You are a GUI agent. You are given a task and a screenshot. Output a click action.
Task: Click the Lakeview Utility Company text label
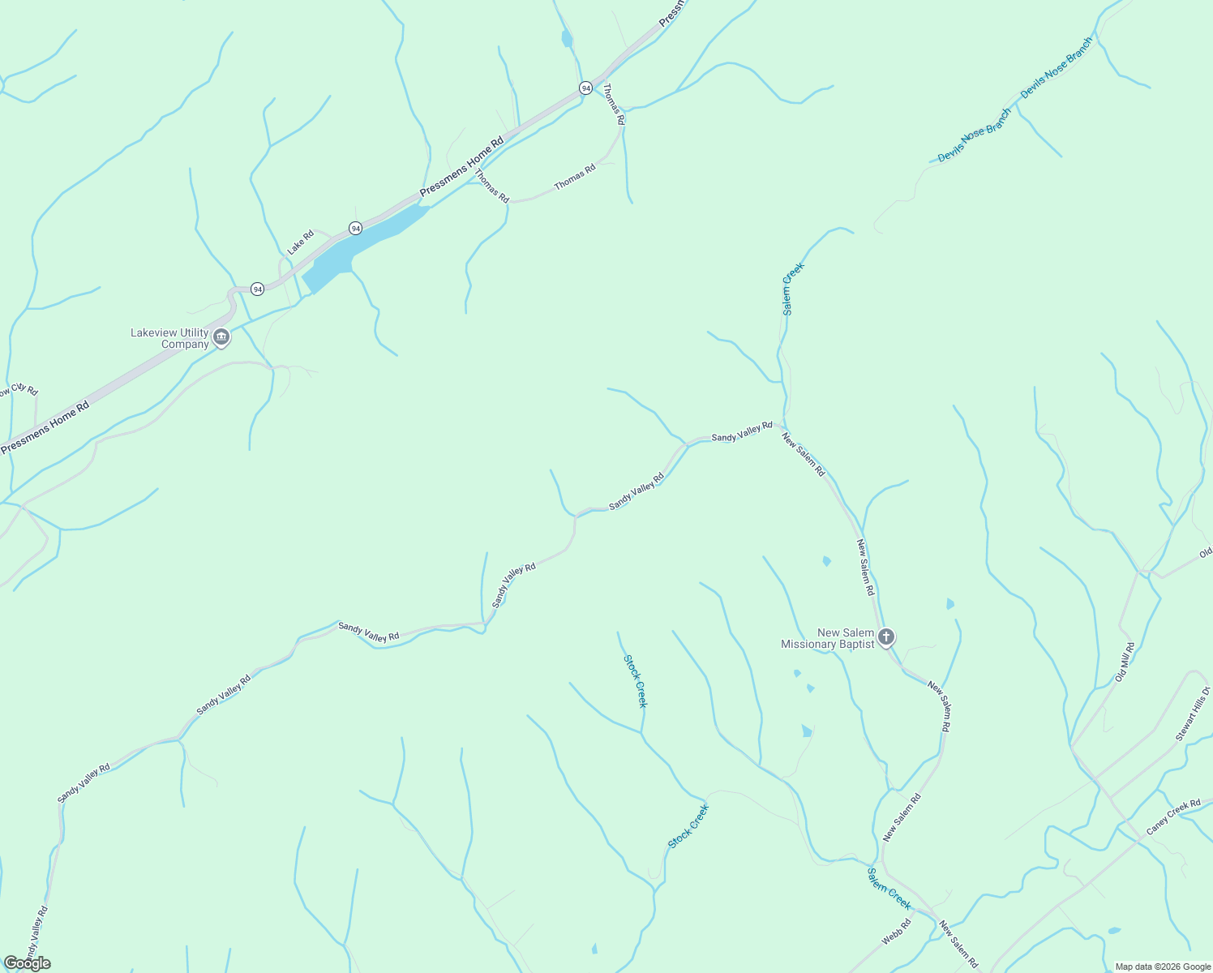click(x=169, y=338)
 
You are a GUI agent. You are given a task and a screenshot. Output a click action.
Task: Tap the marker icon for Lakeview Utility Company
click(x=221, y=336)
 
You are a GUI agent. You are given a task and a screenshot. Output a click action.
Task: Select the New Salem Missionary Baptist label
click(x=827, y=638)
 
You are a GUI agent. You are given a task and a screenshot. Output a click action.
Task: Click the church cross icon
click(x=886, y=637)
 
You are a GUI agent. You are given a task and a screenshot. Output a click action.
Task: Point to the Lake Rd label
click(x=300, y=242)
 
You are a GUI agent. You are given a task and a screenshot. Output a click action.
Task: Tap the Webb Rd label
click(x=897, y=932)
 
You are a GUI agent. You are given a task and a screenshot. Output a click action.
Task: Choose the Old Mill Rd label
click(x=1125, y=662)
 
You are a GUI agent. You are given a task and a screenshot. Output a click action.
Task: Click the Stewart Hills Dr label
click(x=1193, y=714)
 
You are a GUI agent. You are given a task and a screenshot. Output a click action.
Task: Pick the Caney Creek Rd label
click(x=1173, y=817)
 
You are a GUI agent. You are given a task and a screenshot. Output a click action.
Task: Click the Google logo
click(x=27, y=963)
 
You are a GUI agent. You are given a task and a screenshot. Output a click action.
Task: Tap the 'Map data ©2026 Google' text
click(x=1163, y=967)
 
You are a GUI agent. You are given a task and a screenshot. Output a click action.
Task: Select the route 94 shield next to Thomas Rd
click(x=585, y=88)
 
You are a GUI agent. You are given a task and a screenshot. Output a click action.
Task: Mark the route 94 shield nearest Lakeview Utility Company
click(x=257, y=289)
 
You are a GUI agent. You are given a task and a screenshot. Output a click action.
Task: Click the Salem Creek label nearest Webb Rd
click(x=889, y=889)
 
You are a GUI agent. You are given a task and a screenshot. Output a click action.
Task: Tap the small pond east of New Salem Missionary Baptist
click(x=949, y=604)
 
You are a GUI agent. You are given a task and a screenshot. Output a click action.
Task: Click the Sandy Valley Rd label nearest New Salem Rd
click(x=742, y=431)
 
